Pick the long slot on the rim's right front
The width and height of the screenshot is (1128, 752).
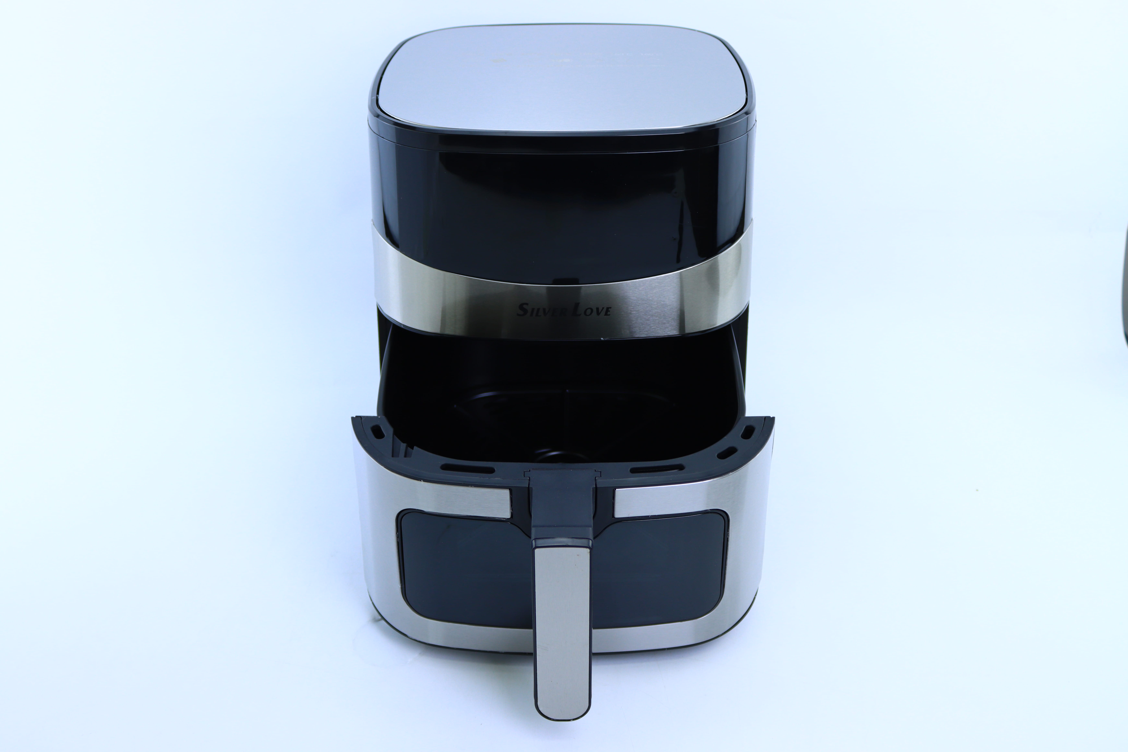(657, 468)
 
